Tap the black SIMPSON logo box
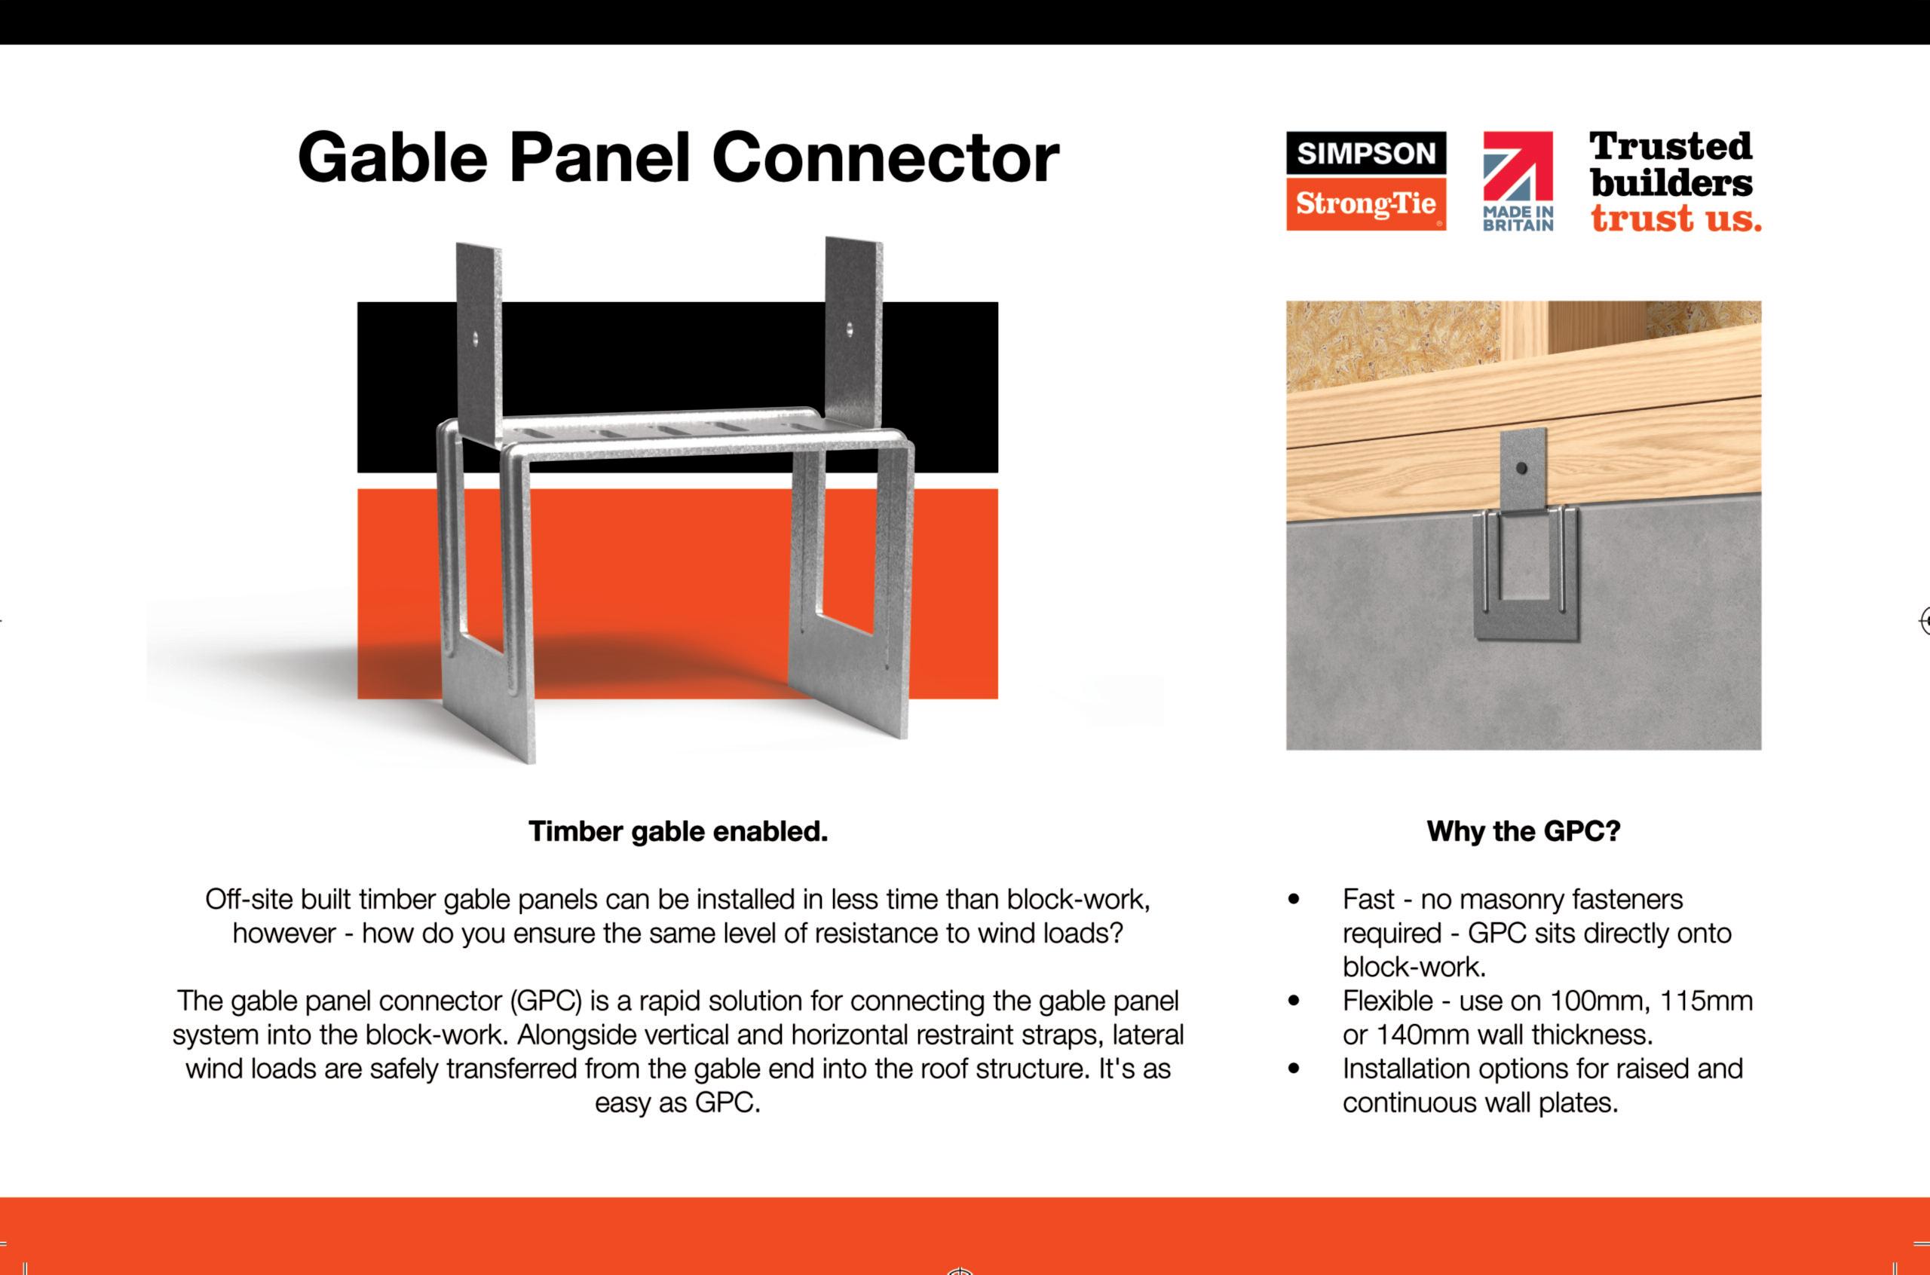[1365, 154]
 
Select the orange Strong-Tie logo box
[1365, 203]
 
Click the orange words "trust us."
[1675, 218]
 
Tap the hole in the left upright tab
[477, 336]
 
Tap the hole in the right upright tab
[850, 329]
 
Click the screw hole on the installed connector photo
[1521, 469]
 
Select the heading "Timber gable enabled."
[679, 831]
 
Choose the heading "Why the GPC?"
[1524, 831]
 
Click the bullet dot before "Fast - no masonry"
[1294, 899]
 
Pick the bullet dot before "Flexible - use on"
[1294, 1001]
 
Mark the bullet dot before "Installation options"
[1294, 1069]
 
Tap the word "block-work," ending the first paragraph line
[1078, 899]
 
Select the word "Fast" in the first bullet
[1369, 899]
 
